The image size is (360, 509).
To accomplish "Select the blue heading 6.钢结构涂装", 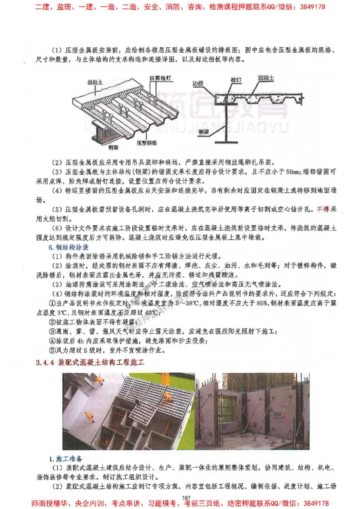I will point(68,248).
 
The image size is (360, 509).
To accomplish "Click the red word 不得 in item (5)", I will point(323,210).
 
